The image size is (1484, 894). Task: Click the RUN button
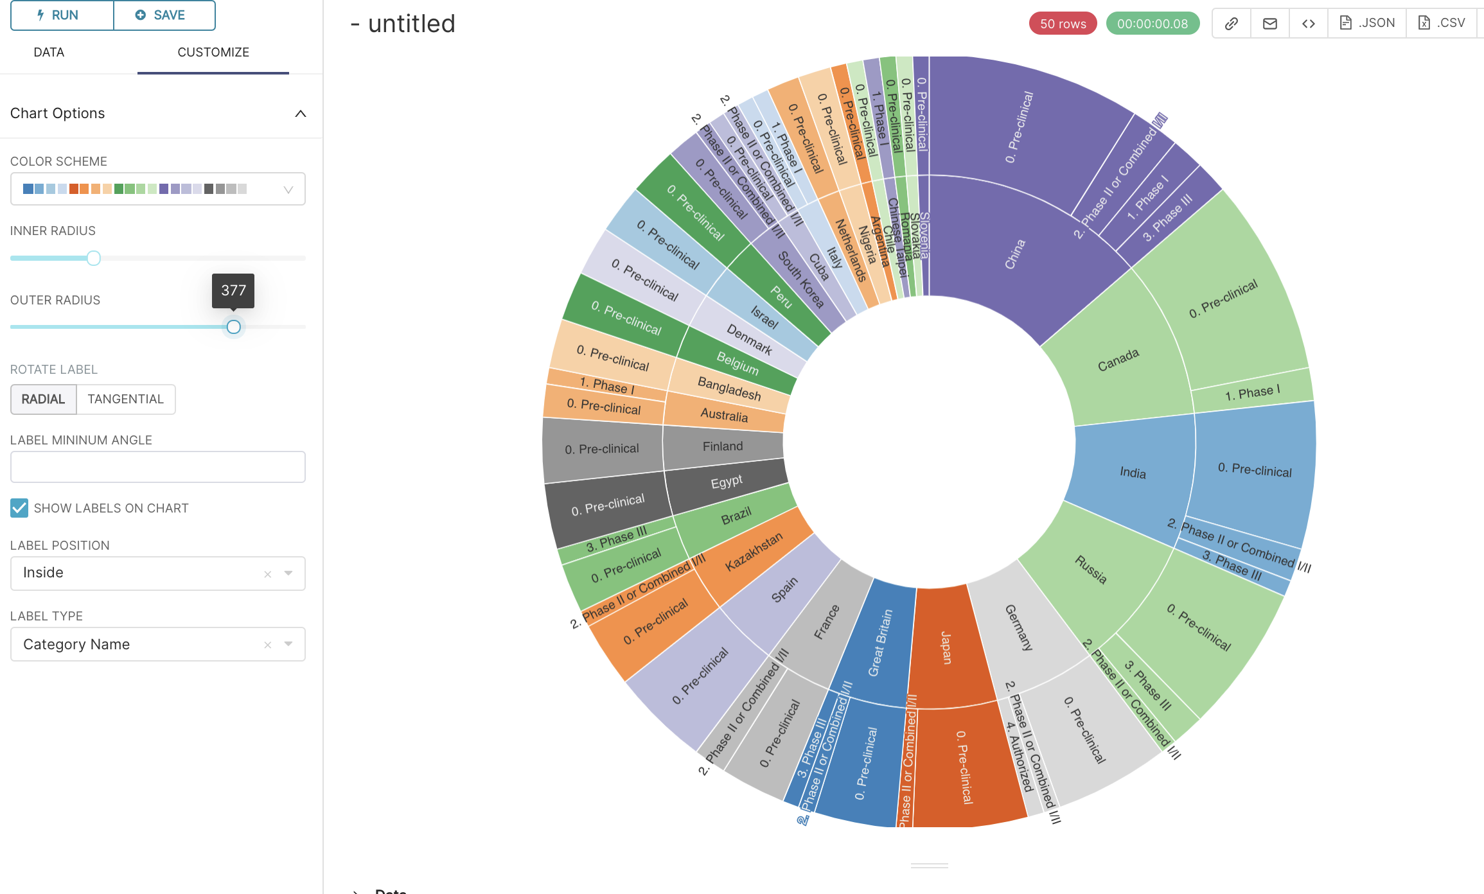coord(62,15)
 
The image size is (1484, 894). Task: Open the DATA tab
coord(49,53)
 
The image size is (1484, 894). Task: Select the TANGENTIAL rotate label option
coord(126,399)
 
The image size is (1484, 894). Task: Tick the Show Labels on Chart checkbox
coord(19,508)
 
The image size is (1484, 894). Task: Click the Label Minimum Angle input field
coord(157,467)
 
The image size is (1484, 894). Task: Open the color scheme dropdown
coord(157,189)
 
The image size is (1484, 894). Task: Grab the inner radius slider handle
coord(94,258)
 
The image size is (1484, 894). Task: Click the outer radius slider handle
coord(234,327)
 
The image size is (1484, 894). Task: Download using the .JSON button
coord(1367,23)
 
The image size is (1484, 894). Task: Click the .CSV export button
coord(1442,23)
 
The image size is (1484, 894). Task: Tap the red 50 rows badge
coord(1063,24)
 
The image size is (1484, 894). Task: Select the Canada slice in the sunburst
coord(1118,360)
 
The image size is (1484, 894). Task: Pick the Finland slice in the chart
coord(722,446)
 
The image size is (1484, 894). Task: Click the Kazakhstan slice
coord(753,552)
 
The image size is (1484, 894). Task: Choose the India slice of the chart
coord(1132,473)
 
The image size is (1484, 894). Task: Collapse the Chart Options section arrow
coord(300,114)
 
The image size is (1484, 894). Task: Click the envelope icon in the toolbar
coord(1269,24)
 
